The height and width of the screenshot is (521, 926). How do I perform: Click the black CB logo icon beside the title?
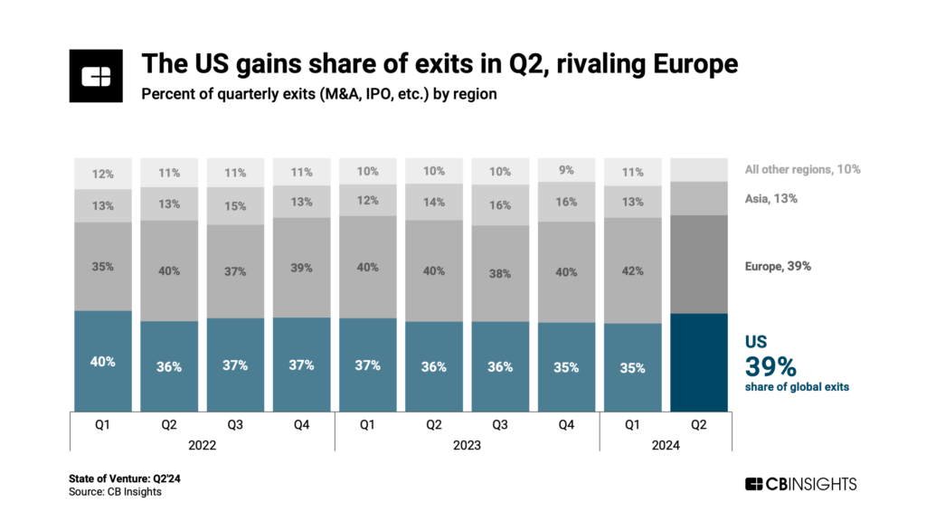coord(95,77)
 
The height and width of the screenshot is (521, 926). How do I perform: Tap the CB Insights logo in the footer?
coord(799,484)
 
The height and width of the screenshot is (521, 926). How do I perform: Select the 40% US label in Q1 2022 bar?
coord(102,361)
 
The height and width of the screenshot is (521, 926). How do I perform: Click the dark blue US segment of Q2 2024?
coord(701,362)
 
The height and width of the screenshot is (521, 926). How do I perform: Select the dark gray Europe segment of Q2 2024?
coord(701,264)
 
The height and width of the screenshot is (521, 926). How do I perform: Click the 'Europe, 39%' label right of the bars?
coord(778,266)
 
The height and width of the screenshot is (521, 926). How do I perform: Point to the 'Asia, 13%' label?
coord(771,198)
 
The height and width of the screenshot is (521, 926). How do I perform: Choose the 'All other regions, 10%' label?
coord(802,169)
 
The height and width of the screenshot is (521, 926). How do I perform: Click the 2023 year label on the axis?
coord(467,445)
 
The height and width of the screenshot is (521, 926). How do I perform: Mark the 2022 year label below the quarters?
coord(202,445)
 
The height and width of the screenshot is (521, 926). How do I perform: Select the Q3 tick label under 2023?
coord(500,422)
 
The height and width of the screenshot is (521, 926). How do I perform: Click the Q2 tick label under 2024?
coord(699,422)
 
